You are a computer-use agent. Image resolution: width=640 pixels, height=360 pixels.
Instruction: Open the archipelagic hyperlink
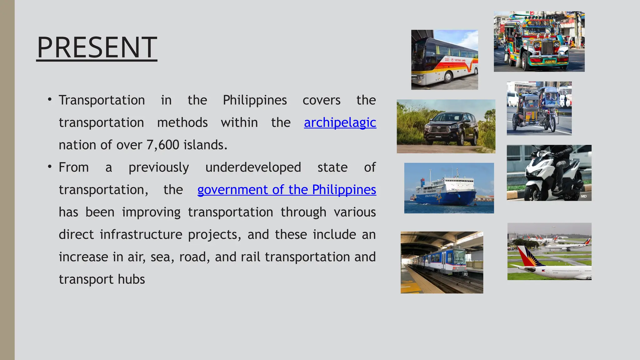340,122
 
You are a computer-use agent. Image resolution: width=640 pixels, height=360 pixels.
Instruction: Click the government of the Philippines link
287,190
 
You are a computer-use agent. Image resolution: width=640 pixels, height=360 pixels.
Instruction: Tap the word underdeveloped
253,167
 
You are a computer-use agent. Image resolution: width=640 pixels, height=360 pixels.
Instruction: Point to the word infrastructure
141,234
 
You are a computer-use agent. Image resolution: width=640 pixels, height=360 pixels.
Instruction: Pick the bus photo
444,60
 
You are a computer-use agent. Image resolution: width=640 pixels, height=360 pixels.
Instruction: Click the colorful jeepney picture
539,42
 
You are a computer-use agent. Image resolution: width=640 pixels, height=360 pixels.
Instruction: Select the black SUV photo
446,126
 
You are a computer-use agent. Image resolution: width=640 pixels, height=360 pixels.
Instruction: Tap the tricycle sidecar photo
539,108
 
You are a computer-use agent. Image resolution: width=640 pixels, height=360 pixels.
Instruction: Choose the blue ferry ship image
449,188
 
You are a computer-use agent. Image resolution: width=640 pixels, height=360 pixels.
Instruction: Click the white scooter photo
549,173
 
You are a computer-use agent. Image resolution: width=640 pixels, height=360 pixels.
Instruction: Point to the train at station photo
442,262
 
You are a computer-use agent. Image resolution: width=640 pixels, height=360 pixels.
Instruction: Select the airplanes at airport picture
549,251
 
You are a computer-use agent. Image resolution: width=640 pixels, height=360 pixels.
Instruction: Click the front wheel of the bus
448,76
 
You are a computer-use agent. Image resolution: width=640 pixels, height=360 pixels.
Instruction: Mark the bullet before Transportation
49,100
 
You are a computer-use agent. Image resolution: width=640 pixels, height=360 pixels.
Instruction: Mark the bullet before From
49,167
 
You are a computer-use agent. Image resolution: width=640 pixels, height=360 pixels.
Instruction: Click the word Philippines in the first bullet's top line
255,100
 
